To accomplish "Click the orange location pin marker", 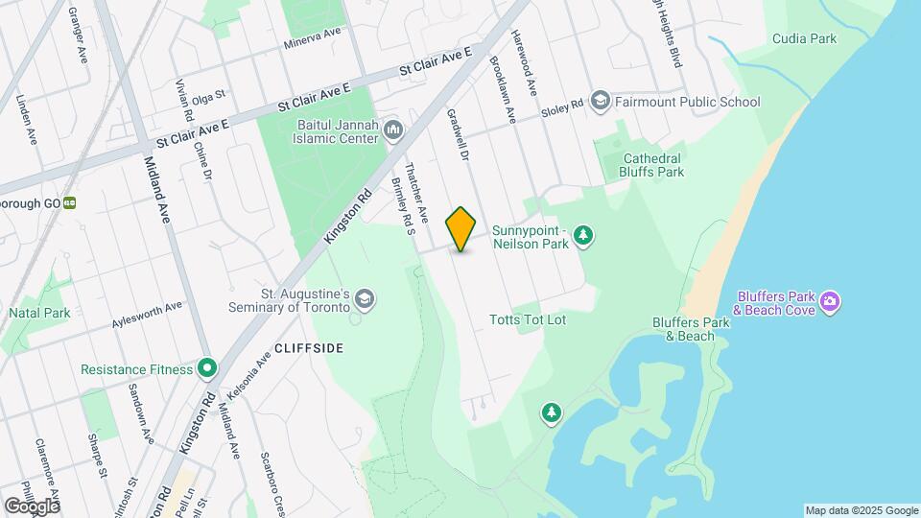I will point(460,228).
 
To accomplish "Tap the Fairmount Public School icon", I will point(601,101).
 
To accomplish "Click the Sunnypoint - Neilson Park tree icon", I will point(583,236).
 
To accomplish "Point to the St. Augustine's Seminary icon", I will point(364,300).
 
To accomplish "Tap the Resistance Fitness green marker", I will point(206,368).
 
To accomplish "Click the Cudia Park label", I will point(804,39).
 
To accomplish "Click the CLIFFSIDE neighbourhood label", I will point(308,348).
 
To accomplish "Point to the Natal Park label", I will point(39,314).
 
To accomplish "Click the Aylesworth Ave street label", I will point(147,314).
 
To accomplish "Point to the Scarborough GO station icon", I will point(70,203).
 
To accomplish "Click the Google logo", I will point(32,506).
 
